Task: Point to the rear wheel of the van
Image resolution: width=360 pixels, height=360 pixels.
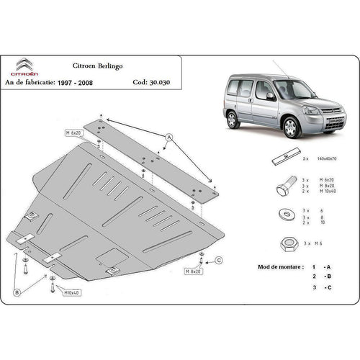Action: point(233,119)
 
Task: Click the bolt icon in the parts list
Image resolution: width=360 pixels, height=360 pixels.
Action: point(283,189)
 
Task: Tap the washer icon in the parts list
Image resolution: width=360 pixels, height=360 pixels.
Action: point(283,215)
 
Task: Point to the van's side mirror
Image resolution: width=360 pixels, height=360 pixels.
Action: point(271,95)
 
